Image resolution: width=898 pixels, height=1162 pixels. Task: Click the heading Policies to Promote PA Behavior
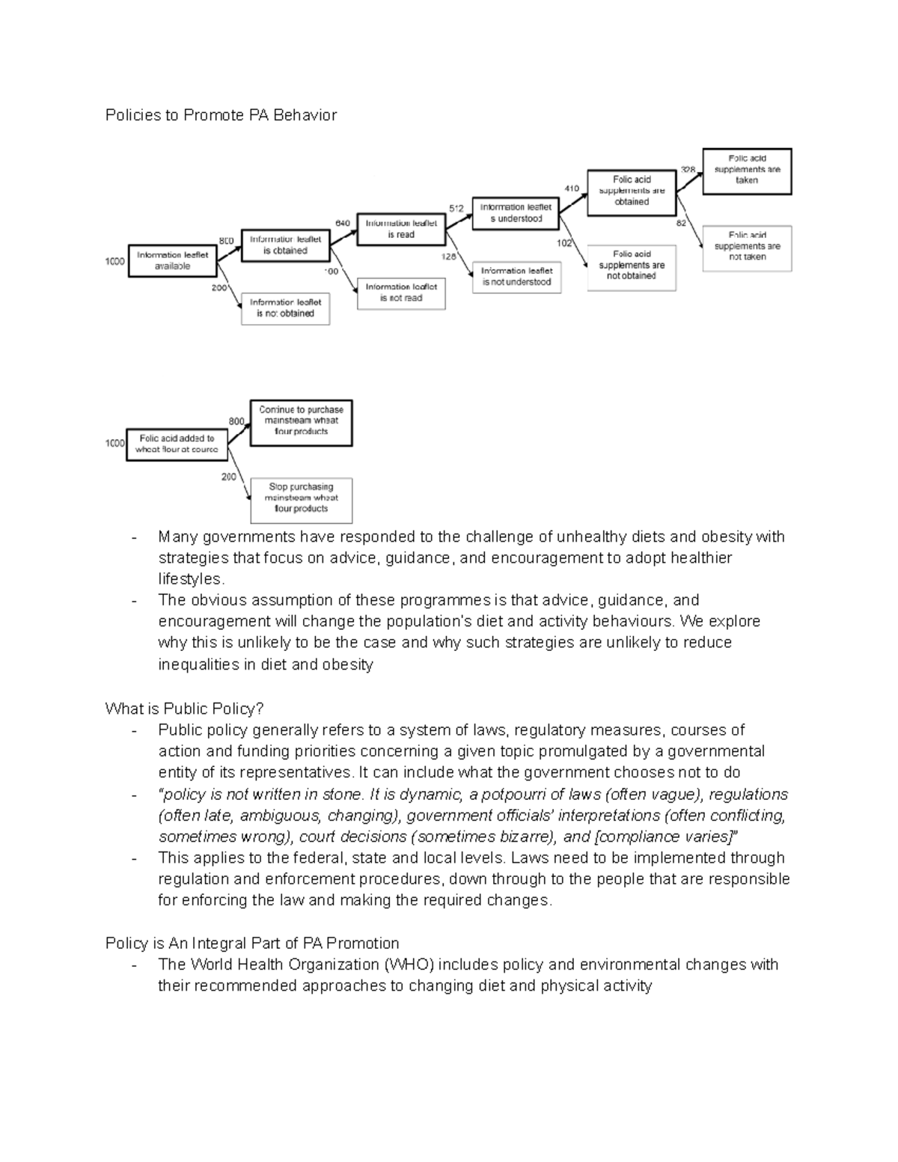coord(221,115)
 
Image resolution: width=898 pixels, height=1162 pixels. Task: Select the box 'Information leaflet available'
coord(172,260)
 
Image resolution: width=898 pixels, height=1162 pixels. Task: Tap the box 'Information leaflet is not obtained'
coord(285,308)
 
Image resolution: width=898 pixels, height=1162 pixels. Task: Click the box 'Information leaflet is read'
coord(400,228)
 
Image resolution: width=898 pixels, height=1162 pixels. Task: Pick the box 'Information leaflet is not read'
coord(400,293)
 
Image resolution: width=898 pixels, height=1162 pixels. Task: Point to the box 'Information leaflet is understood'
coord(516,212)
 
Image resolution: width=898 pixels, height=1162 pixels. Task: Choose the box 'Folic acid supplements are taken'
coord(746,170)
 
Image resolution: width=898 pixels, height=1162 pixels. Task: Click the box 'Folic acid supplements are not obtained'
coord(632,266)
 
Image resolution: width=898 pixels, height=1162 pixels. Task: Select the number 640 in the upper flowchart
coord(343,223)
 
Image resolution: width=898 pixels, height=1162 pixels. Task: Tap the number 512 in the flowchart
coord(456,207)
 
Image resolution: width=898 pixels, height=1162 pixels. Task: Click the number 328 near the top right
coord(687,169)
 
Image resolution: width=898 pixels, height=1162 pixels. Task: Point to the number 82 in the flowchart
coord(681,223)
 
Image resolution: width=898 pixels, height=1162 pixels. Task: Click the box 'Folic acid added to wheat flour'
coord(177,444)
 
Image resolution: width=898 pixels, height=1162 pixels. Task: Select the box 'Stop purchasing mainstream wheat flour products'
coord(301,498)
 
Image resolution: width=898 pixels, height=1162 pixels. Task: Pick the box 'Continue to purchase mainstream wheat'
coord(301,421)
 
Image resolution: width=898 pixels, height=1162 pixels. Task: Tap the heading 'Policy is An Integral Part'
coord(252,943)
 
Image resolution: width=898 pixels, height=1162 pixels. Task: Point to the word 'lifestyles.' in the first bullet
coord(191,579)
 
